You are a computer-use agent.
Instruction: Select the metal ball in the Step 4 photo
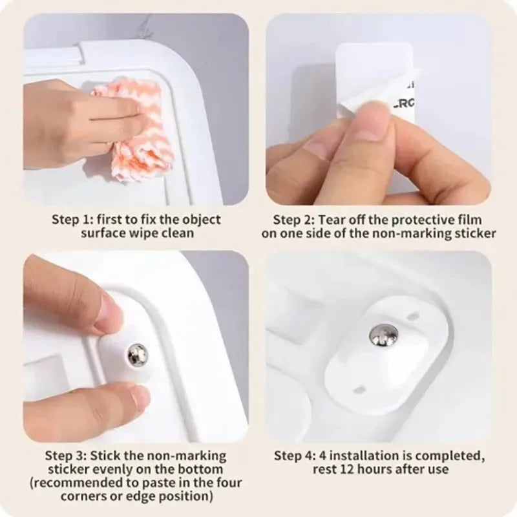click(383, 335)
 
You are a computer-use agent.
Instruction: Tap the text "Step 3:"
click(66, 456)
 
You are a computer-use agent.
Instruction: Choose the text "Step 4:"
click(295, 456)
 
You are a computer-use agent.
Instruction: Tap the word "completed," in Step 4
click(450, 456)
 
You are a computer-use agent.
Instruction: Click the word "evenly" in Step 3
click(109, 470)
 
